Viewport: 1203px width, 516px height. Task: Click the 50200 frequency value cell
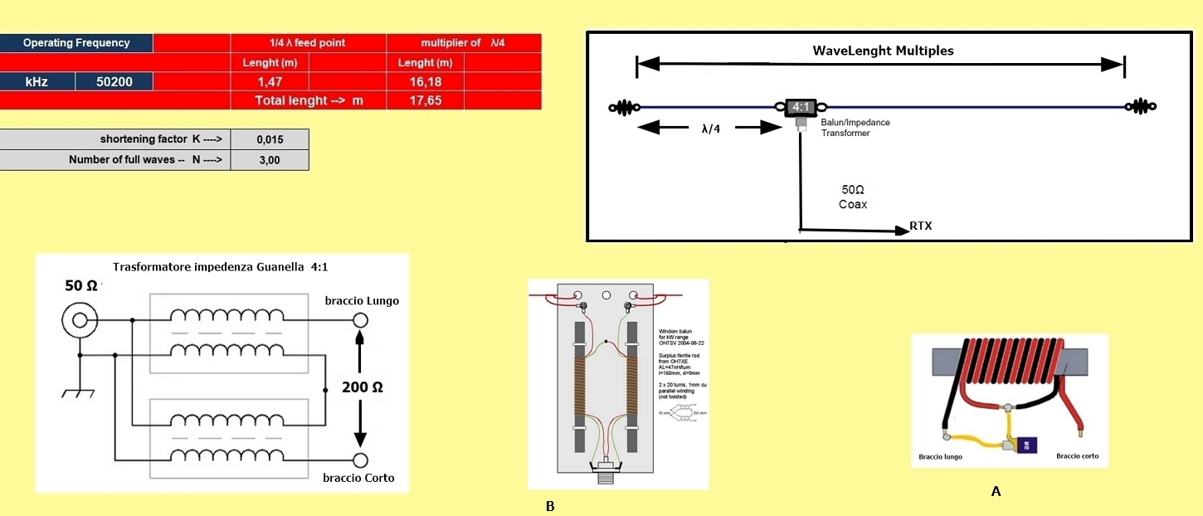pos(114,81)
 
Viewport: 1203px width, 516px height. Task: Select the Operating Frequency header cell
pos(76,43)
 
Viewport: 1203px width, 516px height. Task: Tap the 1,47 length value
pos(270,81)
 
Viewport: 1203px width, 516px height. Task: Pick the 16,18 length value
pos(425,81)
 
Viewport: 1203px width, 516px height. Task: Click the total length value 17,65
pos(425,100)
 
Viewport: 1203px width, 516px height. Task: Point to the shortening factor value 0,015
pos(270,139)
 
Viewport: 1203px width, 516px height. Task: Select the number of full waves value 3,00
pos(270,160)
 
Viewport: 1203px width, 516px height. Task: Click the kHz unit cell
pos(37,81)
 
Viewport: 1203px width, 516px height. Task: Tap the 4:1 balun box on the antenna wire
pos(801,107)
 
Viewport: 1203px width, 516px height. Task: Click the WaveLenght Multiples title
pos(883,51)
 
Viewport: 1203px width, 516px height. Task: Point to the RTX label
pos(920,226)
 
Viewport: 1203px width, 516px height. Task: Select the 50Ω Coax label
pos(853,197)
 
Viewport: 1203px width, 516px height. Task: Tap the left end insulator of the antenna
pos(624,107)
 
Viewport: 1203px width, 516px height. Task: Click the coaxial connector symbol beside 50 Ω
pos(80,318)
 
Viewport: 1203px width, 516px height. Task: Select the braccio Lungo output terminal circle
pos(360,320)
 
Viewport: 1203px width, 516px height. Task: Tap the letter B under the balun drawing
pos(550,506)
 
